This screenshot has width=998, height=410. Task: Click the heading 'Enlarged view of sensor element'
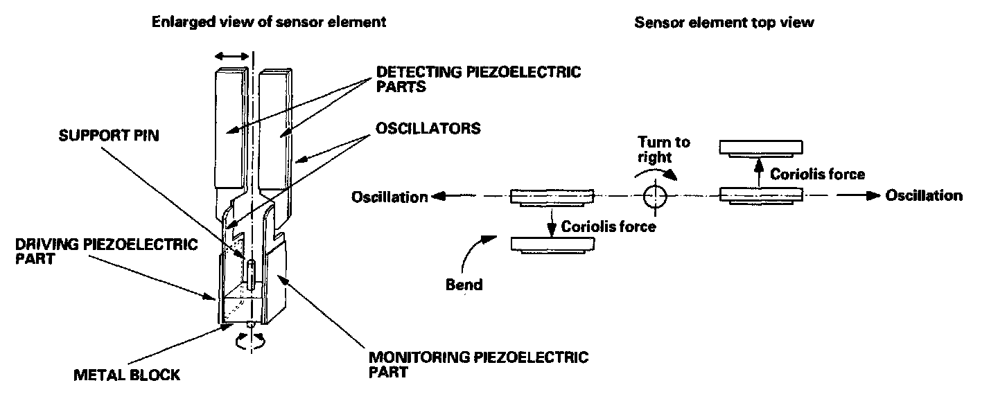click(x=269, y=22)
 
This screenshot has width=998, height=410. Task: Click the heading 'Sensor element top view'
click(x=724, y=22)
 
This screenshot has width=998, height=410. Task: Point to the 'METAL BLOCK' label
click(x=127, y=375)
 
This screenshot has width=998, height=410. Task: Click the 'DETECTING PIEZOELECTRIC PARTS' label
click(x=478, y=79)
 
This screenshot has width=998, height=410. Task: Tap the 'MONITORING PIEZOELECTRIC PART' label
click(x=478, y=364)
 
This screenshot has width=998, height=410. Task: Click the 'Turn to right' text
click(x=664, y=149)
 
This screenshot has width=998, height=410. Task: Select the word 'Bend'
click(x=464, y=285)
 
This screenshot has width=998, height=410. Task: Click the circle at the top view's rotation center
click(x=654, y=196)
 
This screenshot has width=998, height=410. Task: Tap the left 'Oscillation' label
click(x=389, y=197)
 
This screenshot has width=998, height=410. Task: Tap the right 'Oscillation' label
click(x=924, y=195)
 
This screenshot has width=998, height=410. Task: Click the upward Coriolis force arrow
click(x=760, y=172)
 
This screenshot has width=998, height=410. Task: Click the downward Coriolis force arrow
click(x=552, y=221)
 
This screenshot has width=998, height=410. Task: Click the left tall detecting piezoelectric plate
click(x=230, y=132)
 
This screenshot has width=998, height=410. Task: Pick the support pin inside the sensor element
click(x=251, y=273)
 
